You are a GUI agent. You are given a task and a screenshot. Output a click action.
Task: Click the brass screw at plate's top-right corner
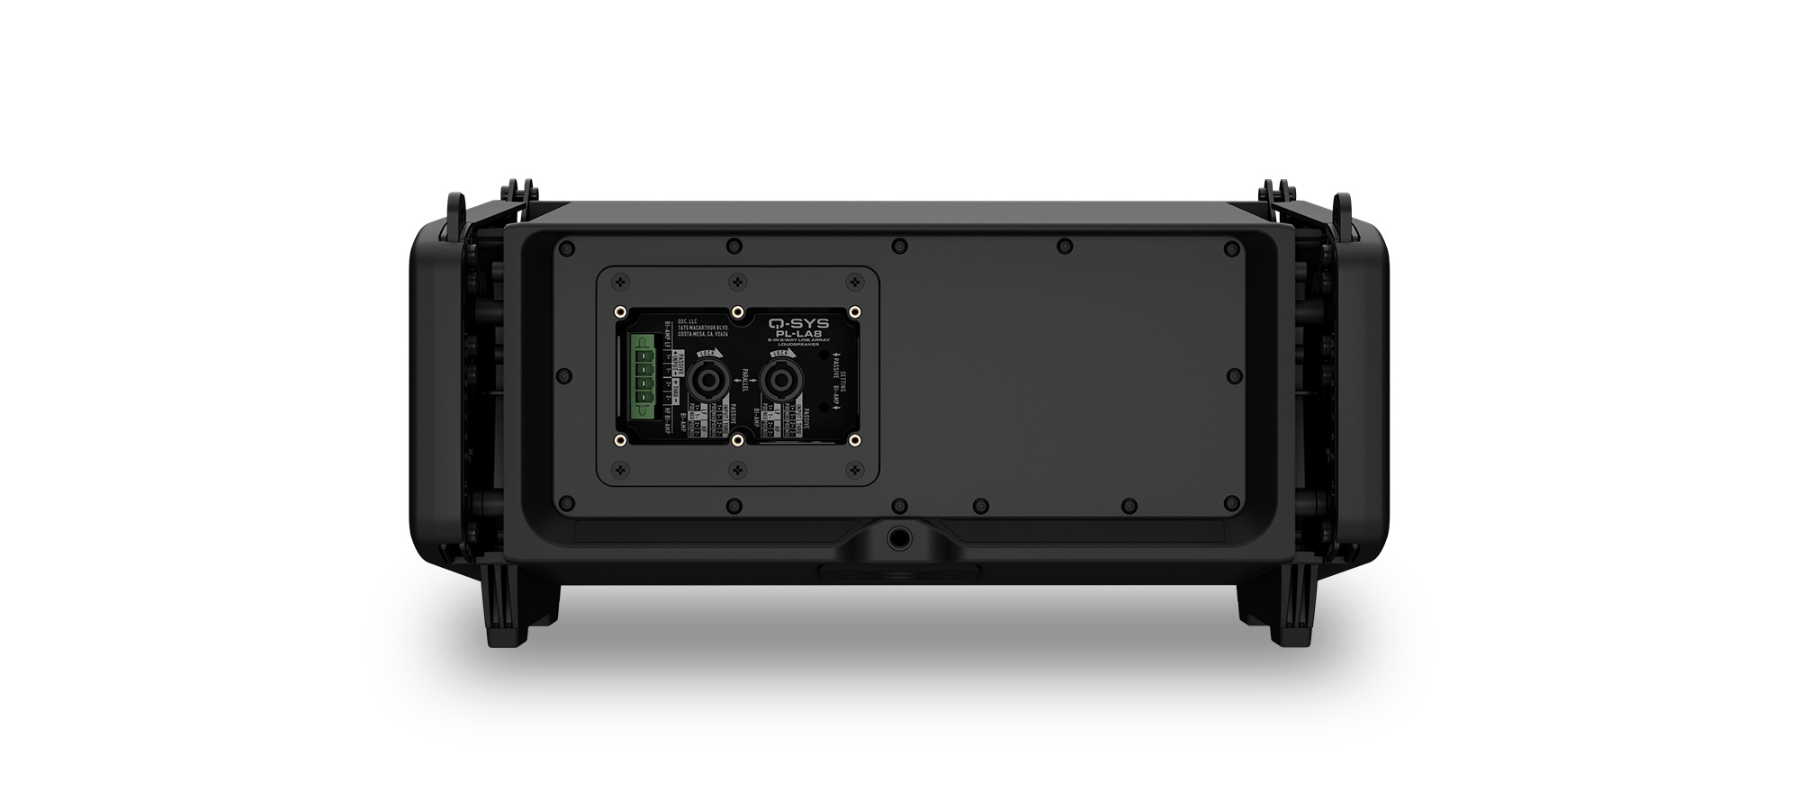pos(855,311)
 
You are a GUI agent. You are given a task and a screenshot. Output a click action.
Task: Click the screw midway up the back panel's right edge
pos(1231,375)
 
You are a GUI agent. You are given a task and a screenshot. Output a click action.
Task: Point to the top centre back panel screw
pos(898,244)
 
